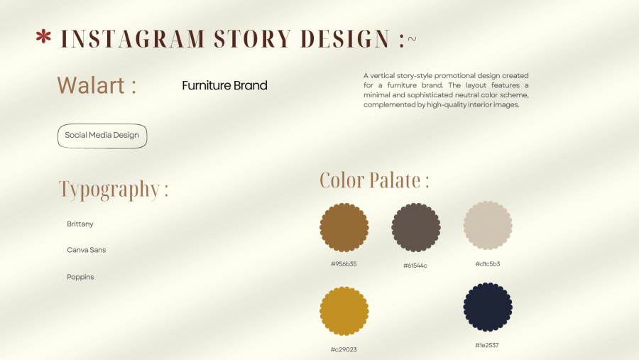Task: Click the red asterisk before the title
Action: pos(43,36)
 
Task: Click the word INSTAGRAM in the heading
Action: pos(133,39)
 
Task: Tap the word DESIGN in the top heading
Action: pos(345,39)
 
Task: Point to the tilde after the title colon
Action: pos(412,39)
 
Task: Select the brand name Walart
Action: pos(90,85)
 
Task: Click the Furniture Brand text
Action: pos(224,86)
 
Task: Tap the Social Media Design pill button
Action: pos(102,136)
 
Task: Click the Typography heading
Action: pos(114,190)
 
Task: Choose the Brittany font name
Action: pos(80,224)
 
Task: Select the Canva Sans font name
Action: pos(87,250)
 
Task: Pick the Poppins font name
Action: pos(80,277)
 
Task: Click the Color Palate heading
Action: pos(374,180)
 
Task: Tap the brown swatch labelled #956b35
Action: pos(344,227)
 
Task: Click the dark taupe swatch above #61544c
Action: pos(415,227)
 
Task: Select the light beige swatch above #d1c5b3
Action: pos(488,226)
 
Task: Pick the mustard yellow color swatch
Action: pos(344,311)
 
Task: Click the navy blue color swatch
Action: pos(488,307)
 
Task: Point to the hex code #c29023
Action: pos(344,349)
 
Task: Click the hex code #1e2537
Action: pos(487,345)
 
